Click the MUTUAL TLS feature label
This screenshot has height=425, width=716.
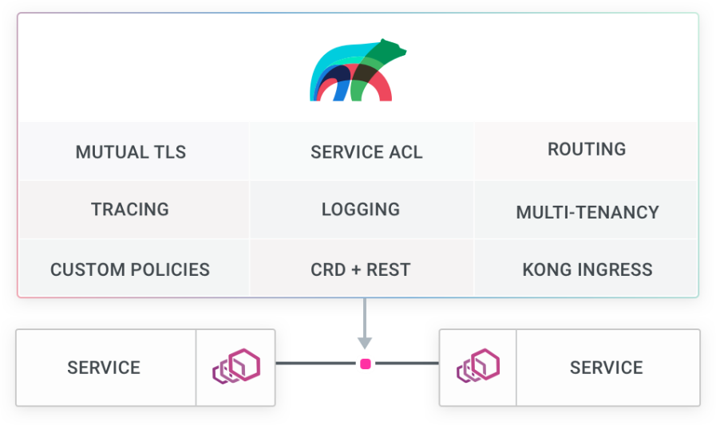point(131,152)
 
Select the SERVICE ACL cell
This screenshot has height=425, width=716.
point(362,152)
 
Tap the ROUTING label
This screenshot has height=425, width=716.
point(587,149)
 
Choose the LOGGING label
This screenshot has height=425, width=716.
point(361,209)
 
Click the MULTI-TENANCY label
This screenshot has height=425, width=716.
point(587,212)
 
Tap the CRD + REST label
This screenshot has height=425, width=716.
point(361,270)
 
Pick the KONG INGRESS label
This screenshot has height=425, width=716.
point(587,270)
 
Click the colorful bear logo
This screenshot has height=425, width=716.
point(358,69)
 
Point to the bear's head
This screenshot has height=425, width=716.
point(393,49)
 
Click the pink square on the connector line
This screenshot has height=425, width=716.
point(366,364)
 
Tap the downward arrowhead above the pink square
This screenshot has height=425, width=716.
point(365,343)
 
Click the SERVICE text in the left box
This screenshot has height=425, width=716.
point(104,368)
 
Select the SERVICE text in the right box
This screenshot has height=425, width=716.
point(607,368)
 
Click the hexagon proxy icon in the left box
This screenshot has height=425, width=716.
point(236,366)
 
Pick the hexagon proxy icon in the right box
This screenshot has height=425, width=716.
point(478,365)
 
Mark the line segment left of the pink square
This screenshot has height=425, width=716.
point(315,364)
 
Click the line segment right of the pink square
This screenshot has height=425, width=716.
point(407,364)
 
